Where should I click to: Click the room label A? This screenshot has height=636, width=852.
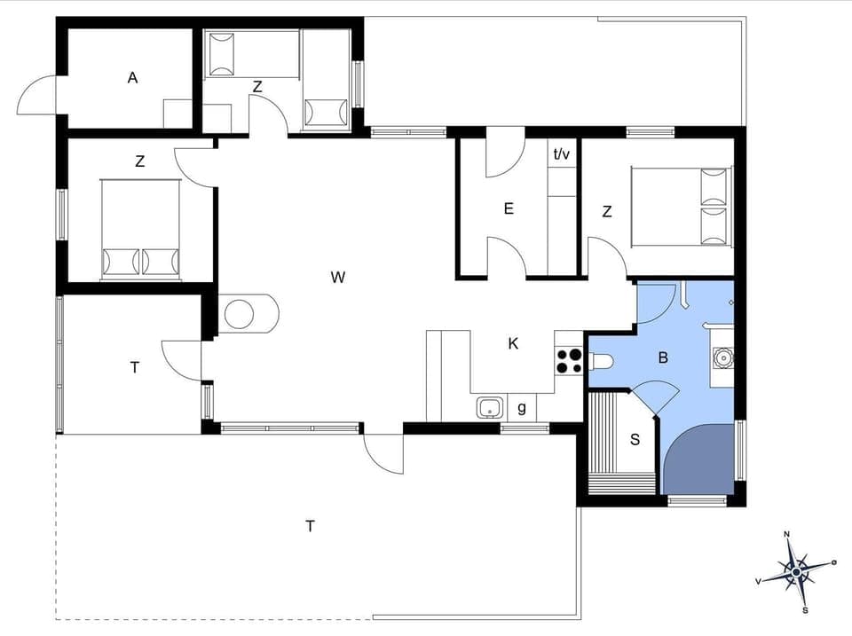coord(132,78)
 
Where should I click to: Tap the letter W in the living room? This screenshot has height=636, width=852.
coord(337,278)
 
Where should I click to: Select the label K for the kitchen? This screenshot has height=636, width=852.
coord(513,343)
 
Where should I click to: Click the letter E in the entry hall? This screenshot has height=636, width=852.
coord(509,209)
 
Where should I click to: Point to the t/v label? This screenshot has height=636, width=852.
coord(562,153)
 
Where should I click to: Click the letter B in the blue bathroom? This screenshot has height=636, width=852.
coord(662,358)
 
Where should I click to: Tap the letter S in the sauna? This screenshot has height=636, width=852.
coord(635,439)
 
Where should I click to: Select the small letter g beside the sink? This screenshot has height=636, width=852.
coord(521,408)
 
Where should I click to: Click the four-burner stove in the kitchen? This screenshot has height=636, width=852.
coord(569,360)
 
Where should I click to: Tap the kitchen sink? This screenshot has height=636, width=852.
coord(489,408)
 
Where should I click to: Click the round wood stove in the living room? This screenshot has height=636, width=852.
coord(240,314)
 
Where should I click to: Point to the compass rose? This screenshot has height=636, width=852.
coord(797,572)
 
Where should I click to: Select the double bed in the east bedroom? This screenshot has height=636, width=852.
coord(681,206)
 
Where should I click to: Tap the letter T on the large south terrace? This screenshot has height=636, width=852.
coord(310,526)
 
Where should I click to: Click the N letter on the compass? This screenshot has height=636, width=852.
coord(786,535)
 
